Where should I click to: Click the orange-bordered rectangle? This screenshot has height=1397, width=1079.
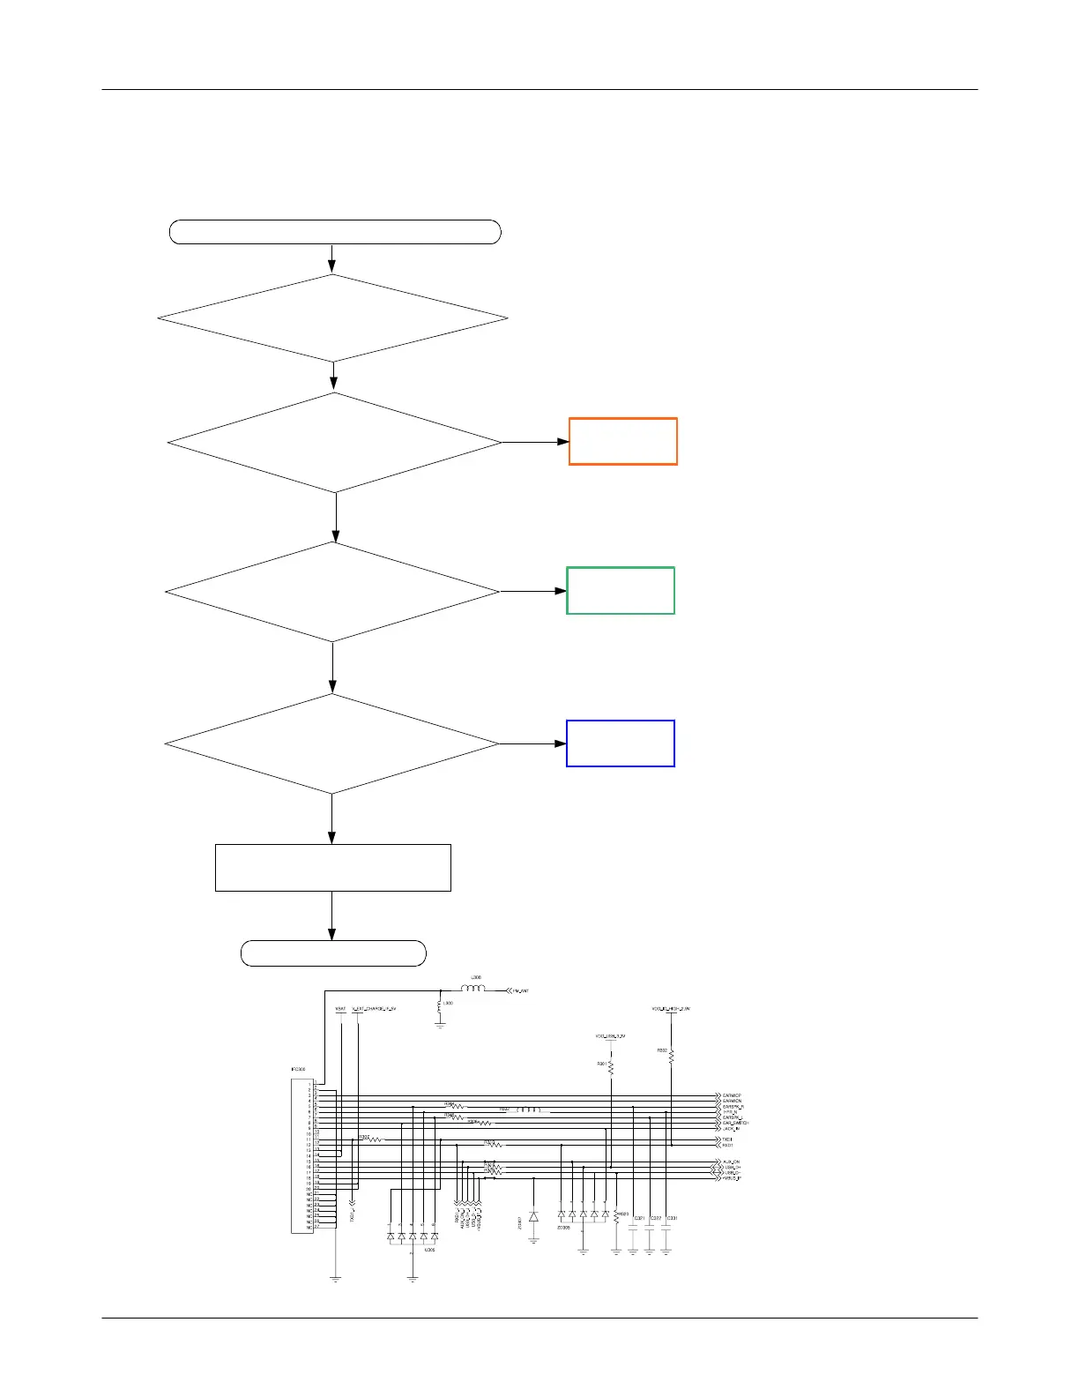click(622, 441)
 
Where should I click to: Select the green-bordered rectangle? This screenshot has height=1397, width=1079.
click(620, 590)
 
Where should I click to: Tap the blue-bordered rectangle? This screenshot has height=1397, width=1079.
click(620, 743)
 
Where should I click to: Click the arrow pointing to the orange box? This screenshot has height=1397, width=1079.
click(536, 441)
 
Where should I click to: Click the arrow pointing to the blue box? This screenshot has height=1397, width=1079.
click(532, 743)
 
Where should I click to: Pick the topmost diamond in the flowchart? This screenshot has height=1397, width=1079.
click(332, 318)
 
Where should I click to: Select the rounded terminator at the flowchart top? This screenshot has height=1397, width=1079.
click(335, 232)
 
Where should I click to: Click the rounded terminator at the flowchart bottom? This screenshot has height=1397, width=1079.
click(333, 953)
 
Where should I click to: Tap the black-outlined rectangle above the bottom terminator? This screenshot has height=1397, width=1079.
click(332, 868)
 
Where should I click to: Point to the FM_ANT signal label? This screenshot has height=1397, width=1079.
click(521, 991)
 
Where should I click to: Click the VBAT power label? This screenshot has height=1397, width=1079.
click(340, 1008)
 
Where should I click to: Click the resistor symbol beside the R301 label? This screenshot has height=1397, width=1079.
click(611, 1067)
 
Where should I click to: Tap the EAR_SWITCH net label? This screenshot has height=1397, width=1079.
click(735, 1123)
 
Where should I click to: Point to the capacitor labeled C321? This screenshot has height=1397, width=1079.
click(633, 1227)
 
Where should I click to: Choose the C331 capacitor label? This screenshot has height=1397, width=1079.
click(672, 1218)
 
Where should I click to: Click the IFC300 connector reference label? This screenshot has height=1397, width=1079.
click(298, 1070)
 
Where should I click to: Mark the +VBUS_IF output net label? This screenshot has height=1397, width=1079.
click(732, 1178)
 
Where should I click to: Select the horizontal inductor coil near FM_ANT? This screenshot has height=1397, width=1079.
click(473, 989)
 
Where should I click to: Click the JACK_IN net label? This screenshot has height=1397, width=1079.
click(732, 1128)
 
